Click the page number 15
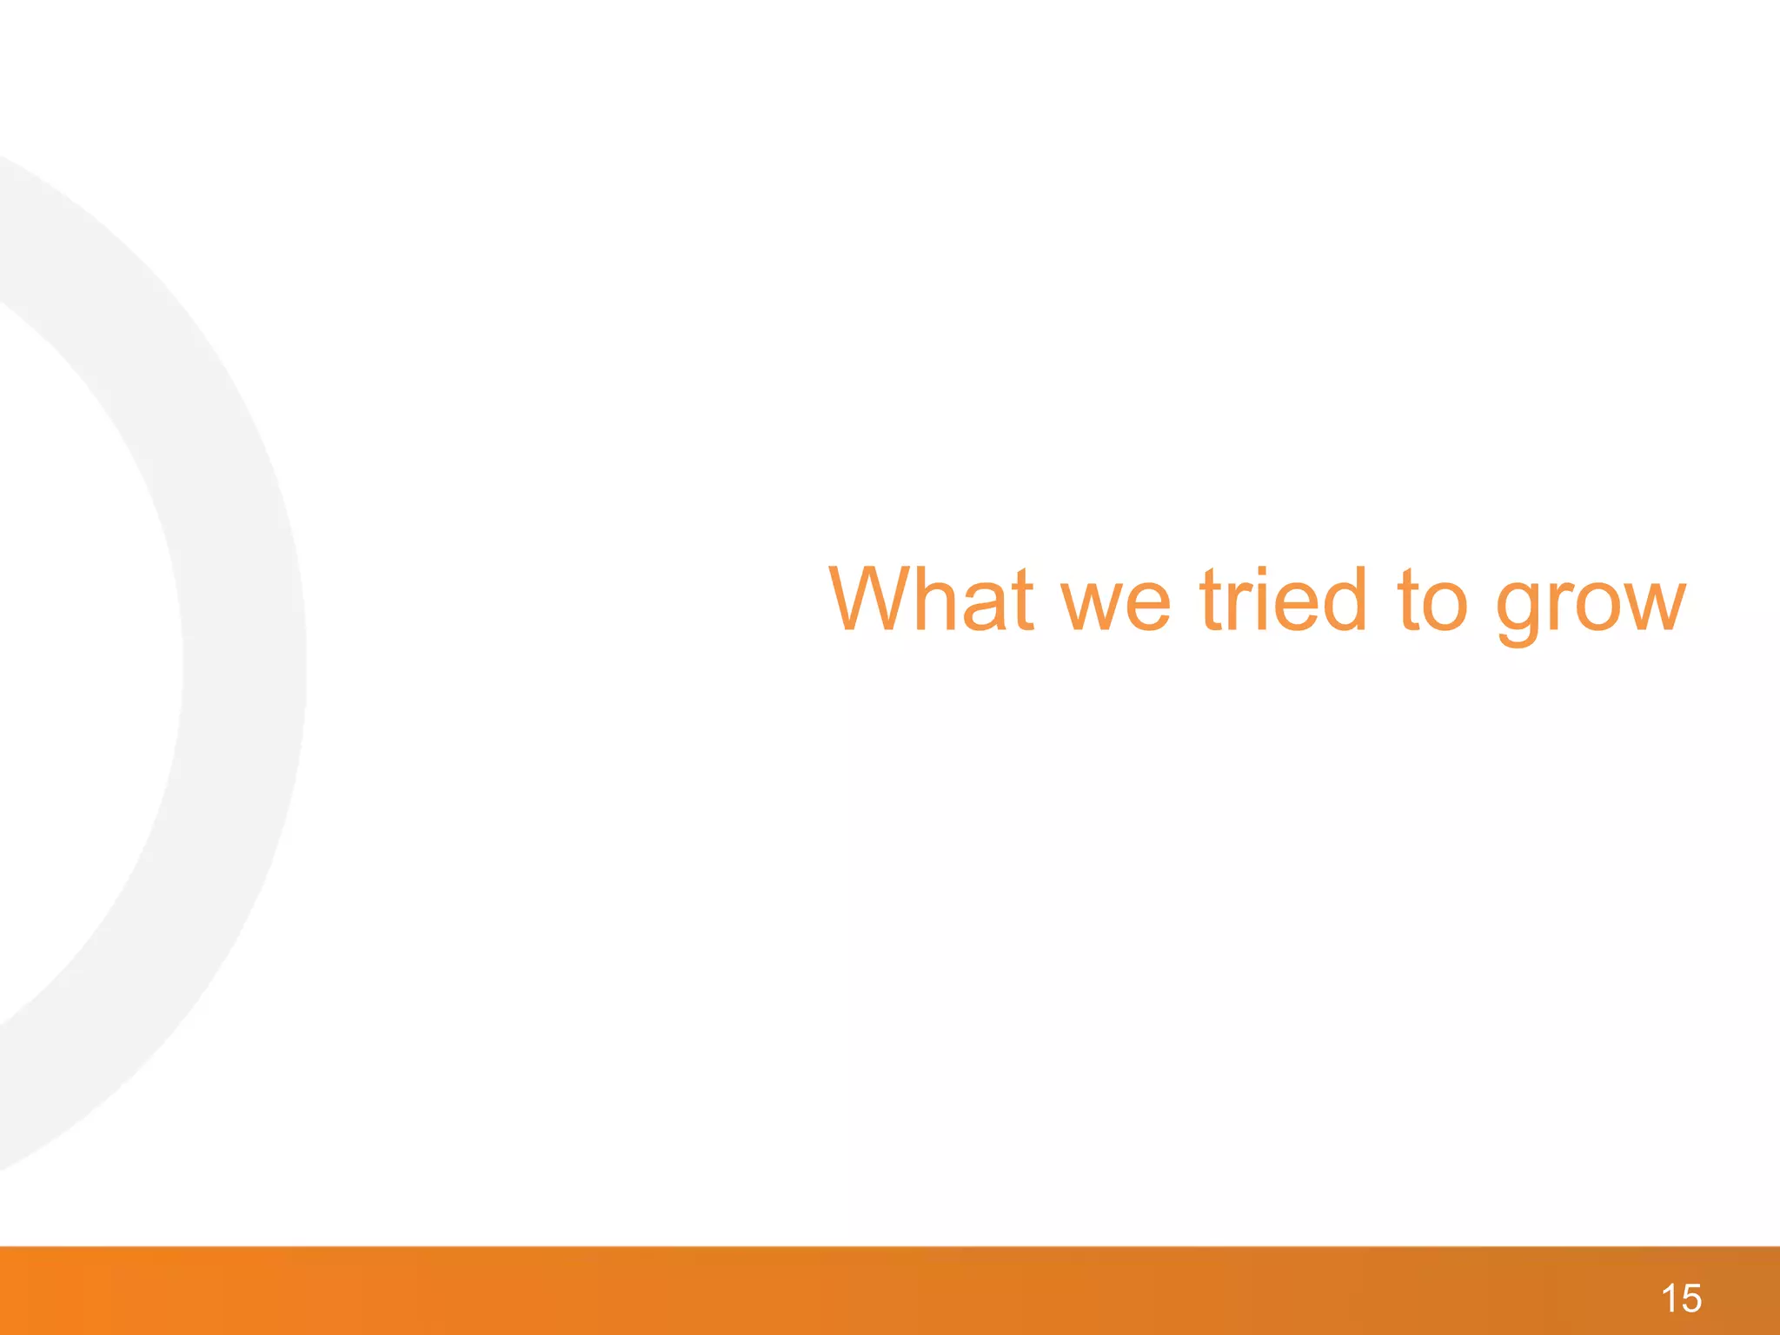coord(1681,1298)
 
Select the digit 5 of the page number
coord(1691,1298)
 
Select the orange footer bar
coord(869,1292)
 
